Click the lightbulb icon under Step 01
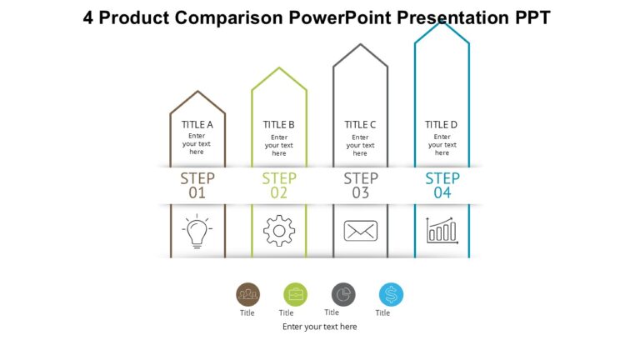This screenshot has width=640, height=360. click(197, 231)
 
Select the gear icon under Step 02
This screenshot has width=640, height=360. click(279, 231)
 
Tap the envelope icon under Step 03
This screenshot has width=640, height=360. click(361, 231)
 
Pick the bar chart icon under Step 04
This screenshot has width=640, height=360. click(442, 231)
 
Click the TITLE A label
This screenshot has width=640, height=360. click(197, 125)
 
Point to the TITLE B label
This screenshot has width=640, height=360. click(279, 125)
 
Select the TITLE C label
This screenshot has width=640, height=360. click(360, 125)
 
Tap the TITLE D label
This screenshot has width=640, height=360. click(442, 125)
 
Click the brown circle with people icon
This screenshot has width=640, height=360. click(247, 294)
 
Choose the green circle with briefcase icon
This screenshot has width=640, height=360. click(295, 294)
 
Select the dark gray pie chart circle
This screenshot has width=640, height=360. click(343, 294)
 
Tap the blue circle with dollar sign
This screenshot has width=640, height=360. click(391, 294)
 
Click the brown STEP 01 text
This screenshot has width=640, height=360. click(197, 185)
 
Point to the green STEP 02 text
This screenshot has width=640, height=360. click(279, 185)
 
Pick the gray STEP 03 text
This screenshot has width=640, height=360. click(361, 185)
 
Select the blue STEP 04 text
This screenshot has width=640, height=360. click(442, 185)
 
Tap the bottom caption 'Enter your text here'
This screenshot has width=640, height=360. click(320, 327)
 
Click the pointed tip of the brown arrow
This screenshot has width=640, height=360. click(197, 92)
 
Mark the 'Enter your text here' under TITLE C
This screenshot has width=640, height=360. click(360, 144)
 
